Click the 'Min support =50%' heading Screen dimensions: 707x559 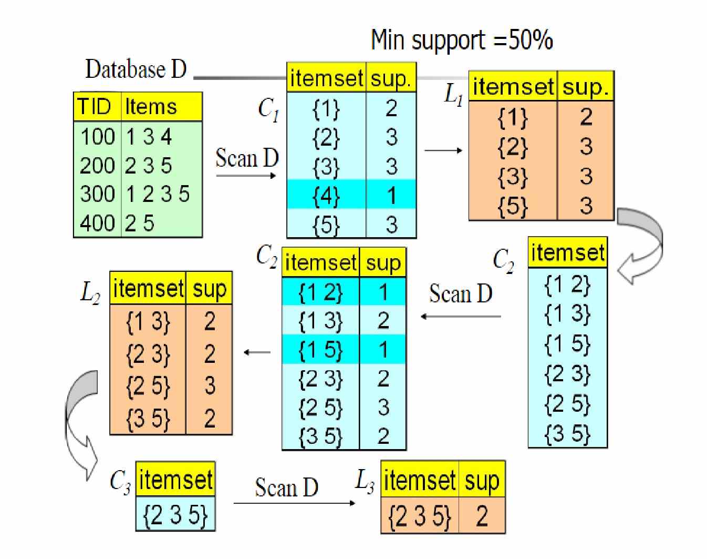(x=462, y=40)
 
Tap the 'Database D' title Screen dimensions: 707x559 (x=136, y=69)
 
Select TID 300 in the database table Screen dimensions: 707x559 (x=98, y=194)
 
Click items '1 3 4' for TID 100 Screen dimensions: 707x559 (x=149, y=136)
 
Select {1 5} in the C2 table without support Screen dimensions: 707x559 (x=567, y=344)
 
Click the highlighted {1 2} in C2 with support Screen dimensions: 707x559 (x=320, y=292)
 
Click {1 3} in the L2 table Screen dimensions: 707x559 (x=148, y=322)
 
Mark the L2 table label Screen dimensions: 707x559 (x=90, y=292)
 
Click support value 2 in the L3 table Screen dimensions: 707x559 (x=482, y=515)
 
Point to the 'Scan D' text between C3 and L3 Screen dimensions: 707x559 (x=286, y=487)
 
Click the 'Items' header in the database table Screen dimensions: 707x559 (x=151, y=107)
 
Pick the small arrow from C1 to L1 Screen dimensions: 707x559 (x=443, y=150)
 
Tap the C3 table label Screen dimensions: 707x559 (x=120, y=482)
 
